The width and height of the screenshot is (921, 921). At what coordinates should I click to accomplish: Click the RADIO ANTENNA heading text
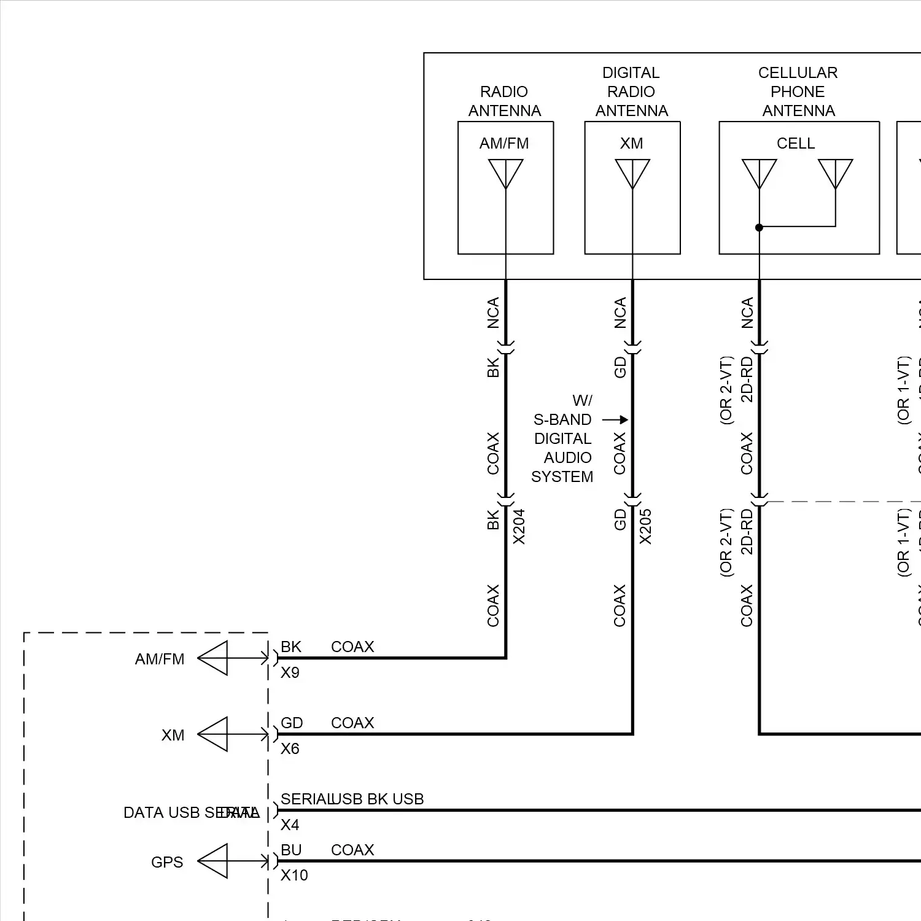point(504,101)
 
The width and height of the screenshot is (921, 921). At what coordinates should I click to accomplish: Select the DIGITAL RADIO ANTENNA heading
point(631,91)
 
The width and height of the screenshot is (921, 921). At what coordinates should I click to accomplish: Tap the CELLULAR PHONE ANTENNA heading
point(798,91)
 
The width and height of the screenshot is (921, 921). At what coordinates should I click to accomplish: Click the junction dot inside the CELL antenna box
point(759,227)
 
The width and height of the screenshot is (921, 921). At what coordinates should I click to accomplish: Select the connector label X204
point(519,526)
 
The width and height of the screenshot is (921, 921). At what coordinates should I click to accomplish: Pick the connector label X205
point(646,526)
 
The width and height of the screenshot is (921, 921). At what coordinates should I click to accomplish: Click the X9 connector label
point(290,673)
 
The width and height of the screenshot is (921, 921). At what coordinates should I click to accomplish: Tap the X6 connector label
point(290,749)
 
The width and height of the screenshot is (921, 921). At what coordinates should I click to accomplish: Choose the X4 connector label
point(290,825)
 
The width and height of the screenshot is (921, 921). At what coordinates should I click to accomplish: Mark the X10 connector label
point(294,876)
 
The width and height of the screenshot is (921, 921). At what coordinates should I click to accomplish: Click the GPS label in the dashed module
point(167,862)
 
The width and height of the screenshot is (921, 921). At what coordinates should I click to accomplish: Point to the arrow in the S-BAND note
point(615,420)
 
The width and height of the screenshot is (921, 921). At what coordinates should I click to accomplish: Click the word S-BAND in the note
point(562,420)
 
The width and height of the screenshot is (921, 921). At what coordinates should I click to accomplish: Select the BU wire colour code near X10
point(291,850)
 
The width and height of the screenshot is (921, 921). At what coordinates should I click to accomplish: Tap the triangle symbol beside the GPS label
point(214,861)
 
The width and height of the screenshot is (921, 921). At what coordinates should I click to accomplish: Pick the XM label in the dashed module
point(173,735)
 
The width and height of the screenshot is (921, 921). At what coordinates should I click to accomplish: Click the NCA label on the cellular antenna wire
point(747,313)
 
